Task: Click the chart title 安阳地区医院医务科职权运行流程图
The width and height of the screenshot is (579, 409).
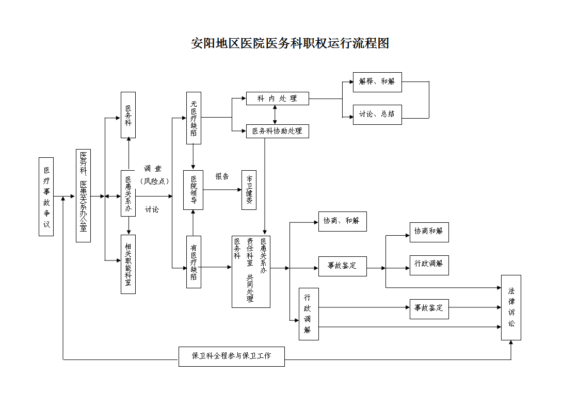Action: click(x=289, y=43)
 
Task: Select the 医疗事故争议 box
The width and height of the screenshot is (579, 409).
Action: click(x=46, y=197)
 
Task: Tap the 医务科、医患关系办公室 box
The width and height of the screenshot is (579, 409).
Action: click(x=83, y=196)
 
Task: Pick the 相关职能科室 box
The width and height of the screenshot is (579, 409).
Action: click(x=128, y=264)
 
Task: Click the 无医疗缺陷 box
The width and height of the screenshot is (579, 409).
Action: click(x=194, y=118)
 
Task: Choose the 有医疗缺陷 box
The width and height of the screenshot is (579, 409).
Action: click(x=194, y=261)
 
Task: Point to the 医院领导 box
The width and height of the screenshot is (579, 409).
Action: click(x=193, y=190)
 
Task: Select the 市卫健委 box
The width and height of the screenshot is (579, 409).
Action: click(x=249, y=190)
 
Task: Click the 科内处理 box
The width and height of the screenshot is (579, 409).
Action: click(x=277, y=99)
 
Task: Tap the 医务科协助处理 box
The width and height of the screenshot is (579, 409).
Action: click(x=277, y=132)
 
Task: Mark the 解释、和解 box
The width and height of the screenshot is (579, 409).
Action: click(x=377, y=82)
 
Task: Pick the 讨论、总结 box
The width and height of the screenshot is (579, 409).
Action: click(x=377, y=114)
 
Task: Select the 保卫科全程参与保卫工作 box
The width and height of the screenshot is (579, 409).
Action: click(x=231, y=356)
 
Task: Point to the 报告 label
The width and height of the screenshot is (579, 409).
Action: click(x=222, y=176)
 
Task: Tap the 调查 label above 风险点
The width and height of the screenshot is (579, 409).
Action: click(x=153, y=169)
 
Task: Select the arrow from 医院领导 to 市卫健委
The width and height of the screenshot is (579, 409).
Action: click(x=222, y=190)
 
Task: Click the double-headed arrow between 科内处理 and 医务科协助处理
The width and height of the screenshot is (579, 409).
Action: click(x=275, y=115)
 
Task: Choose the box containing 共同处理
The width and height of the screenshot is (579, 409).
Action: click(x=251, y=271)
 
